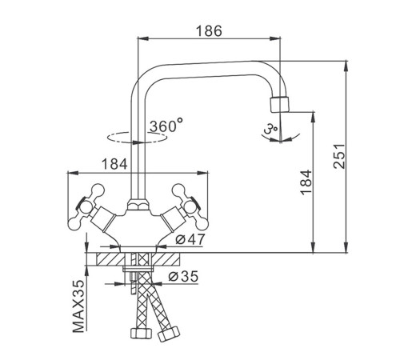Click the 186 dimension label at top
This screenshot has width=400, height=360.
pyautogui.click(x=209, y=31)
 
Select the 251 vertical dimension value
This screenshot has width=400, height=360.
pyautogui.click(x=339, y=156)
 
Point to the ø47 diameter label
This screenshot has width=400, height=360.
pyautogui.click(x=190, y=239)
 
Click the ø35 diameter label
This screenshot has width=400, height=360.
pyautogui.click(x=184, y=276)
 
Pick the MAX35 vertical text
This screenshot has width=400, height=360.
pyautogui.click(x=78, y=306)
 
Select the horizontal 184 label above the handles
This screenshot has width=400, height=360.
pyautogui.click(x=114, y=164)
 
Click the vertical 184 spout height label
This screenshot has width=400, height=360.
pyautogui.click(x=306, y=182)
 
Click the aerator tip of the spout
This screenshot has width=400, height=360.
pyautogui.click(x=279, y=104)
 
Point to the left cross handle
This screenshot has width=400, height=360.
pyautogui.click(x=86, y=206)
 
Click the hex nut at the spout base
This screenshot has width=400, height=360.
pyautogui.click(x=138, y=206)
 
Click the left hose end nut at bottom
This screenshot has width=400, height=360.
pyautogui.click(x=141, y=333)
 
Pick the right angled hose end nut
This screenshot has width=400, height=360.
pyautogui.click(x=169, y=334)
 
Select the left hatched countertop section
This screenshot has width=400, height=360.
pyautogui.click(x=110, y=259)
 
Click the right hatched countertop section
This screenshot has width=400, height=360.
pyautogui.click(x=166, y=259)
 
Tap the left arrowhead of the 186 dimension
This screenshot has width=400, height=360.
pyautogui.click(x=142, y=38)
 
